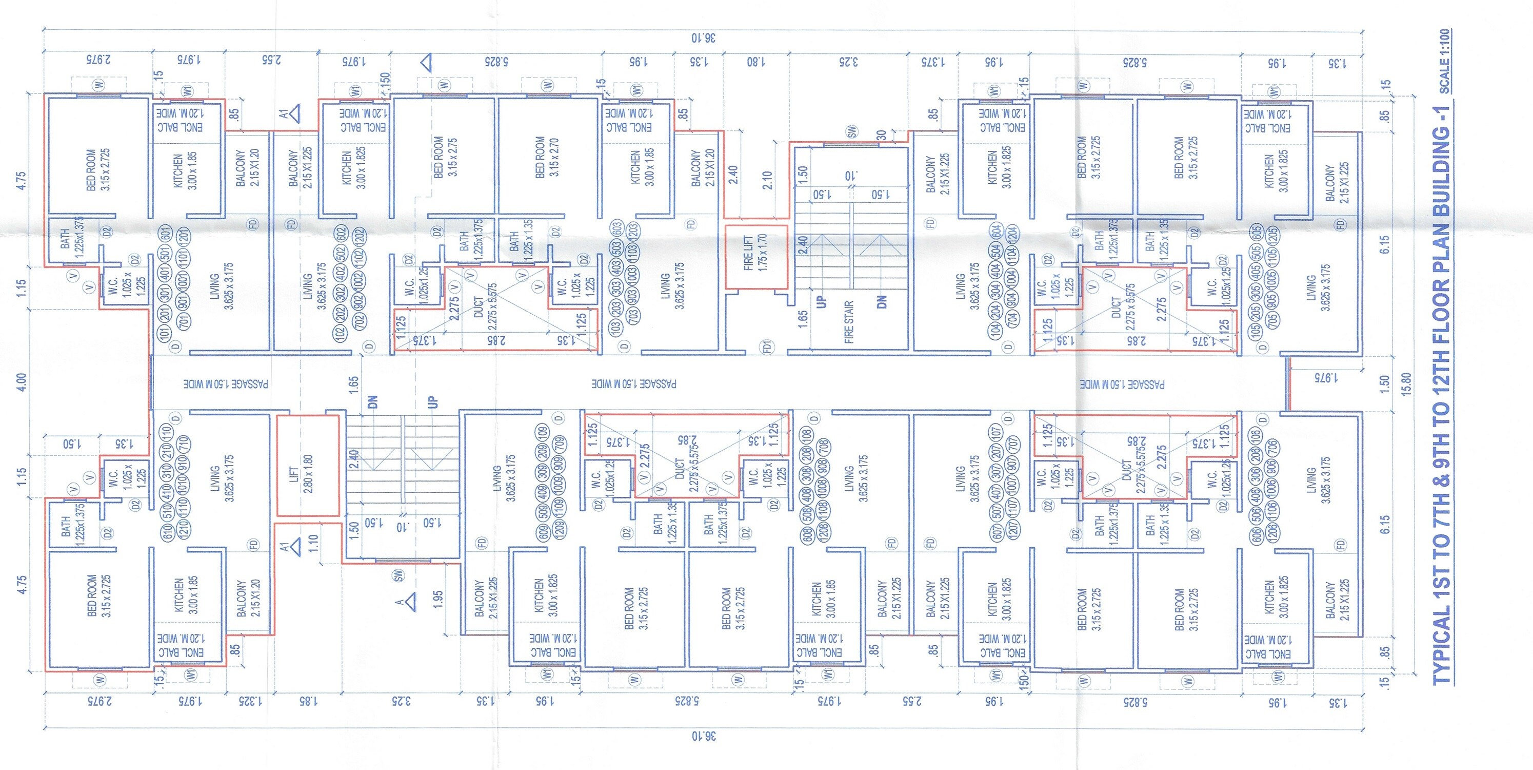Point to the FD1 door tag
click(x=768, y=346)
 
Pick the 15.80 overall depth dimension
click(x=1406, y=384)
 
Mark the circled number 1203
click(x=632, y=230)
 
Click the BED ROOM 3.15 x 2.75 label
click(x=445, y=157)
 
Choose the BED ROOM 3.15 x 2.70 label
click(x=546, y=157)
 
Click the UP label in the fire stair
click(x=822, y=301)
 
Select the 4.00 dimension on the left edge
click(x=22, y=381)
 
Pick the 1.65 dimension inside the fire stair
click(x=803, y=316)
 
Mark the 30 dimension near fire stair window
click(x=881, y=134)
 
